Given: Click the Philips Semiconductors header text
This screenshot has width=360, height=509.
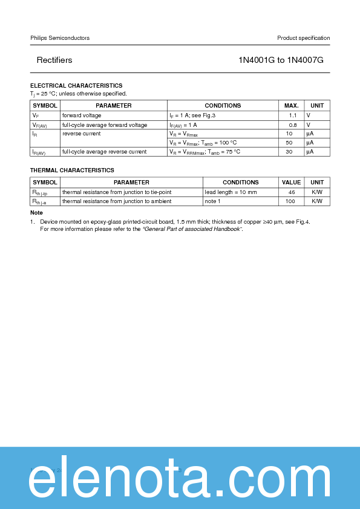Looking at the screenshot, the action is pos(60,38).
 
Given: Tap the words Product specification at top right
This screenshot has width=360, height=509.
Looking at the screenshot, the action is pos(303,38).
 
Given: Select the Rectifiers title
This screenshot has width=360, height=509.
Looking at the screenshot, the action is pos(54,60).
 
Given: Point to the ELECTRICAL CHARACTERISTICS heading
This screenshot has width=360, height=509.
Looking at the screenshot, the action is pos(76,86).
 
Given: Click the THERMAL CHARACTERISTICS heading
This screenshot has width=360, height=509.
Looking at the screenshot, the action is pos(72,170).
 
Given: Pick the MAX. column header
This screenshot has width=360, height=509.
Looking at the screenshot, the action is pos(291,106).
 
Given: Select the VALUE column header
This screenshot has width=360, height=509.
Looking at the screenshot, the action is pos(291,183).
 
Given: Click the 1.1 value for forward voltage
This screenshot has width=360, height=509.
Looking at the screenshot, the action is pos(292,115).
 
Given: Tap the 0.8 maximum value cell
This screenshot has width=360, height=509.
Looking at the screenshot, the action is pos(292,125).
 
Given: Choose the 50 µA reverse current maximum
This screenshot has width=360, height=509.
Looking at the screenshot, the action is pos(289,143).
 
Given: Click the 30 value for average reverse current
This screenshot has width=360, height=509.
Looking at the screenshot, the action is pos(289,152).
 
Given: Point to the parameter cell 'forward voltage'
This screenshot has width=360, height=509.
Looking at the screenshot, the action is pos(82,115).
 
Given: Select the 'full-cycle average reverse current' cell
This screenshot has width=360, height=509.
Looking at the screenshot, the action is pos(104,152).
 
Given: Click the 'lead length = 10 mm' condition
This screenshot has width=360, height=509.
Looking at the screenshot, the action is pos(231,192).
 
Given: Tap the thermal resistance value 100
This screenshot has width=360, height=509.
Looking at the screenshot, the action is pos(290,201).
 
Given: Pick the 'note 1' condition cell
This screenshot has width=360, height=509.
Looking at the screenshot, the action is pos(212,201).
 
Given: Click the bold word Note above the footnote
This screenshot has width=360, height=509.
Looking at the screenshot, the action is pos(36,213).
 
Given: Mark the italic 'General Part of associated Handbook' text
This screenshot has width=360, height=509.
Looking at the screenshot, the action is pos(192,229).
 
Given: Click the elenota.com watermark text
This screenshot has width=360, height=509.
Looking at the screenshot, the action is pos(180,482).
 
